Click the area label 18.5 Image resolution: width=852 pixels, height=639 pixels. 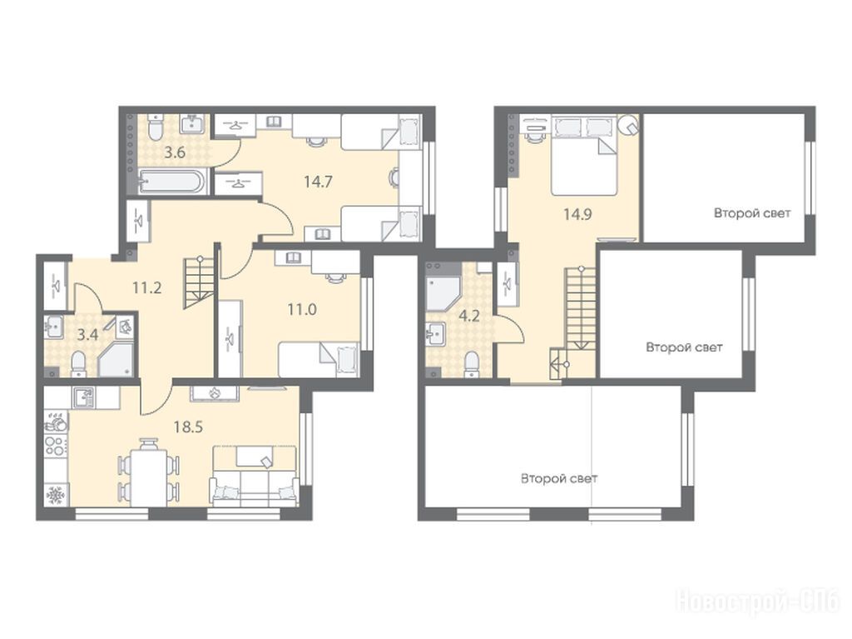[188, 427]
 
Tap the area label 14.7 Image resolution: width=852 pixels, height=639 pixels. [318, 182]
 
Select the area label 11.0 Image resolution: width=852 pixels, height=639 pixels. [302, 310]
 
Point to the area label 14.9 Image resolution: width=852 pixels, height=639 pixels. [577, 214]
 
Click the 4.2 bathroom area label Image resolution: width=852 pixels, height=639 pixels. [469, 316]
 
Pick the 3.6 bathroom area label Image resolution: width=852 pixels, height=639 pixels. [175, 153]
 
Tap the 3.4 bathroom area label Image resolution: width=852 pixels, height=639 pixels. [87, 334]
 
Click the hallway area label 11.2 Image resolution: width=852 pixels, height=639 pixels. [147, 287]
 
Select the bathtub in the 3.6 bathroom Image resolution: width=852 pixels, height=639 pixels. [172, 182]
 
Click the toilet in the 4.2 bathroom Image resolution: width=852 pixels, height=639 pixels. [472, 363]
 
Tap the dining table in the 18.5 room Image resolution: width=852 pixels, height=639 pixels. [148, 472]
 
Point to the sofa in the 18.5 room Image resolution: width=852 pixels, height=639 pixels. [255, 476]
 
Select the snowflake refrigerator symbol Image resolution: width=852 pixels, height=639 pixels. [55, 497]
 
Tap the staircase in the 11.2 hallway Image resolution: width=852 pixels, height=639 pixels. [199, 282]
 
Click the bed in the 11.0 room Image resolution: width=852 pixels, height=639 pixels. [319, 359]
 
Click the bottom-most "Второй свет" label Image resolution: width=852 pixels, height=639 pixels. [559, 478]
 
